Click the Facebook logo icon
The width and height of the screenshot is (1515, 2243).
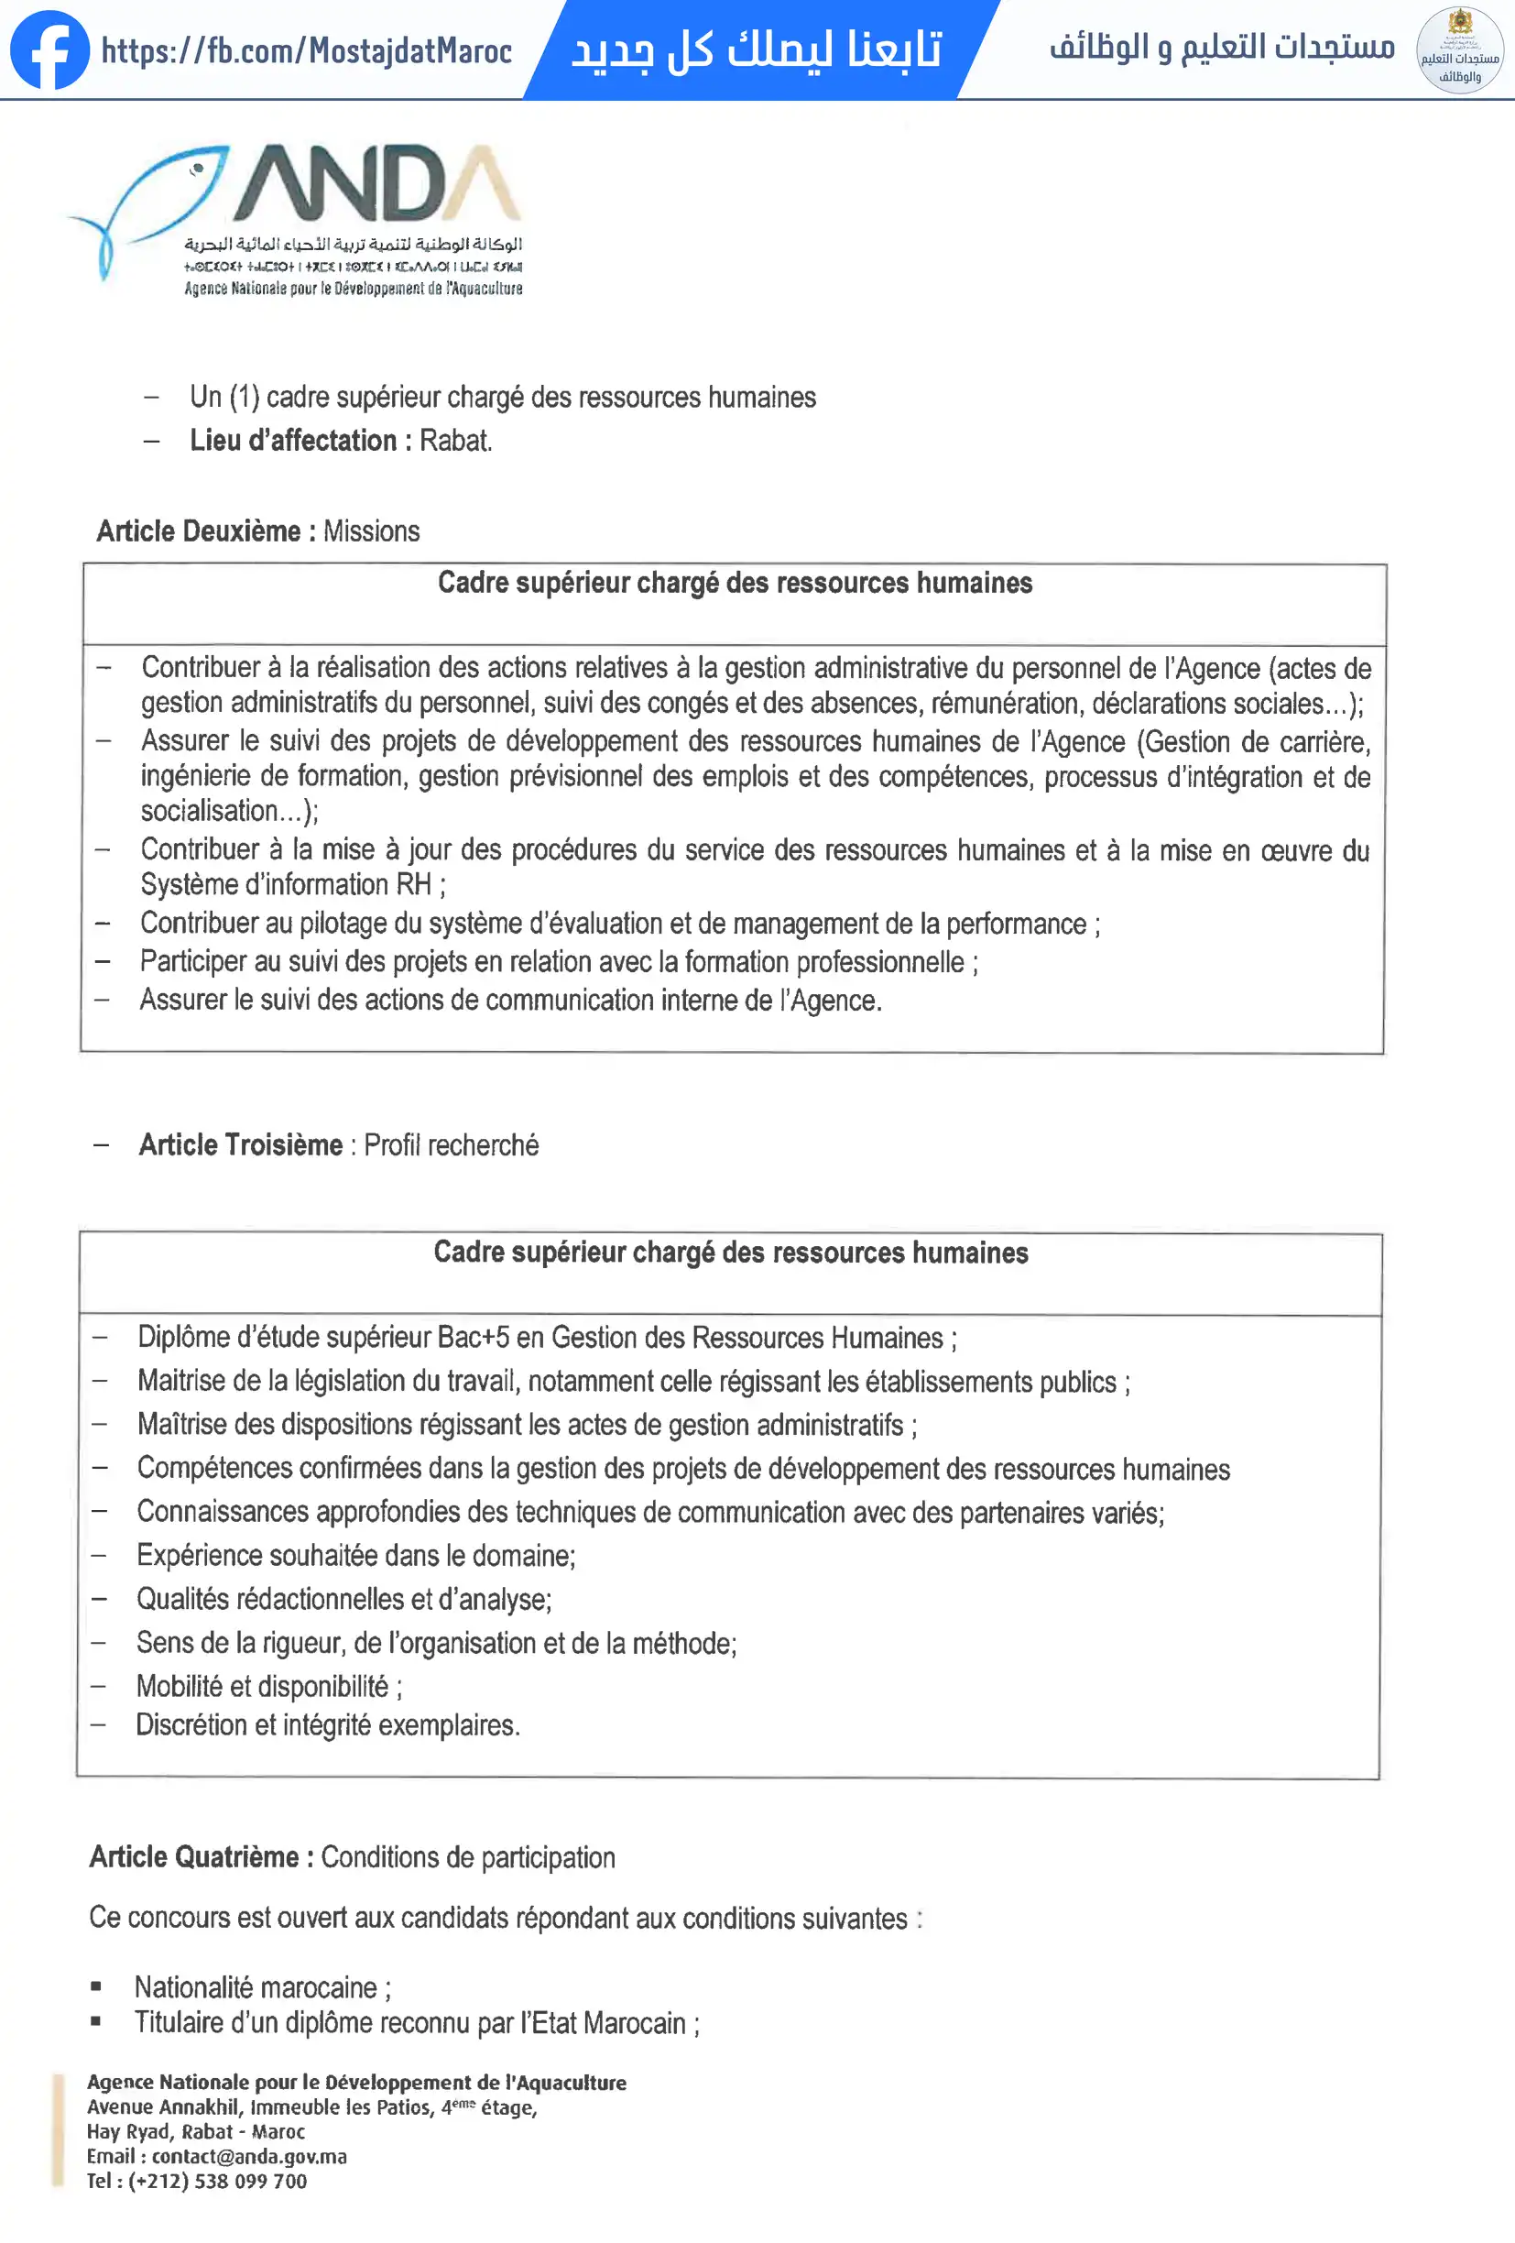49,50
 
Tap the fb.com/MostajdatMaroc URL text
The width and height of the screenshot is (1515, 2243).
306,51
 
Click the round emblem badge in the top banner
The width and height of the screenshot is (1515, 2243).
1459,50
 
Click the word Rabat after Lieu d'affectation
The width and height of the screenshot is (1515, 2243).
455,441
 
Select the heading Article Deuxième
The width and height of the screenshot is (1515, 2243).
199,531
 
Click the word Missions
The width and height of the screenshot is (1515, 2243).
372,531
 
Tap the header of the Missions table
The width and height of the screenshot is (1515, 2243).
735,583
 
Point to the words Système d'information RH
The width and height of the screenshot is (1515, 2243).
286,884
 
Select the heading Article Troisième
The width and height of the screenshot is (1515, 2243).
240,1144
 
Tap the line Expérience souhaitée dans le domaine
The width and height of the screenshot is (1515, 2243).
355,1556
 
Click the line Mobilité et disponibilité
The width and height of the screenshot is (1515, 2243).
268,1686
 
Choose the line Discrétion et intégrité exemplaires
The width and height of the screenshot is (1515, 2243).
327,1724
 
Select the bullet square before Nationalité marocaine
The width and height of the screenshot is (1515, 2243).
95,1986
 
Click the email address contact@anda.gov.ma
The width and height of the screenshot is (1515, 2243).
249,2156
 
